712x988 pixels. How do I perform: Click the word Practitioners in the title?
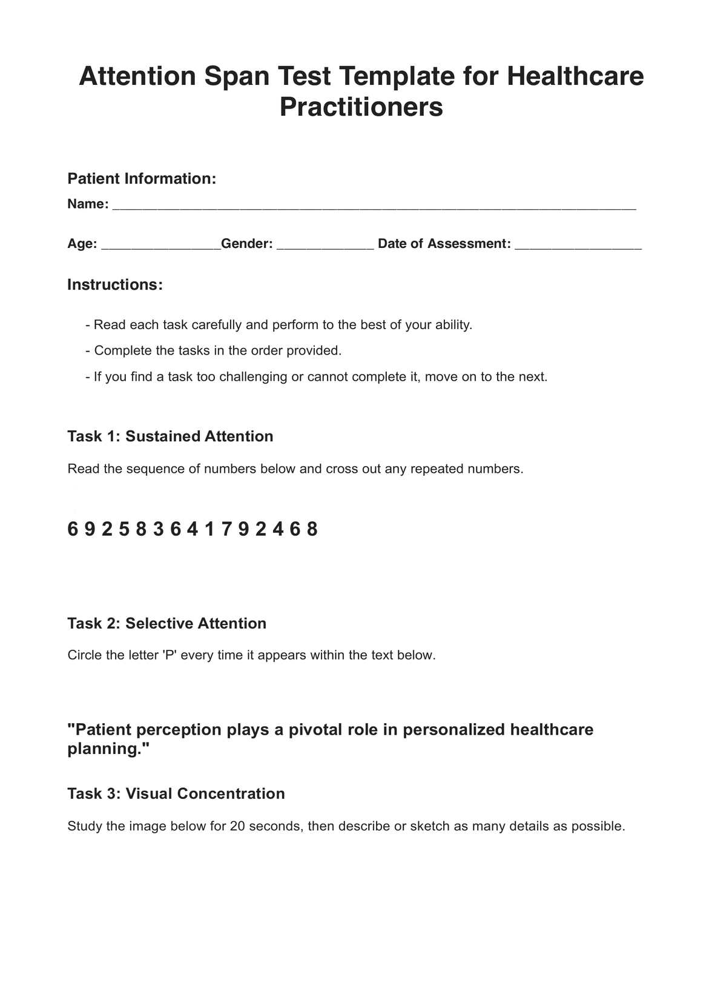coord(361,107)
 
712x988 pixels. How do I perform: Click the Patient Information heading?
coord(142,179)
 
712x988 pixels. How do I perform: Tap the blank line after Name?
coord(374,205)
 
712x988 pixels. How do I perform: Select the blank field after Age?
coord(160,244)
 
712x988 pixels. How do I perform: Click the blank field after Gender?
coord(325,244)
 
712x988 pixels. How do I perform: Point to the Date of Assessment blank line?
coord(578,244)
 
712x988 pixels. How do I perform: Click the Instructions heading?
coord(115,285)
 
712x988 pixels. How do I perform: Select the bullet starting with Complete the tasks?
coord(214,351)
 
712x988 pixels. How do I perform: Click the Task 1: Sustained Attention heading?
coord(170,436)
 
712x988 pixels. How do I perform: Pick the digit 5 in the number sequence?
coord(124,530)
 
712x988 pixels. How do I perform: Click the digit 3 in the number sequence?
coord(159,530)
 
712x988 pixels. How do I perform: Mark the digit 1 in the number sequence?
coord(209,530)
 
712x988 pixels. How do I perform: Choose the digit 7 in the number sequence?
coord(226,530)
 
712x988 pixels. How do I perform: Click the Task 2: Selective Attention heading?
coord(166,624)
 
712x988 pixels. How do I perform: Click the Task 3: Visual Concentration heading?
coord(176,794)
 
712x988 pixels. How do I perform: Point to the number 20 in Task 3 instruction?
coord(237,826)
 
